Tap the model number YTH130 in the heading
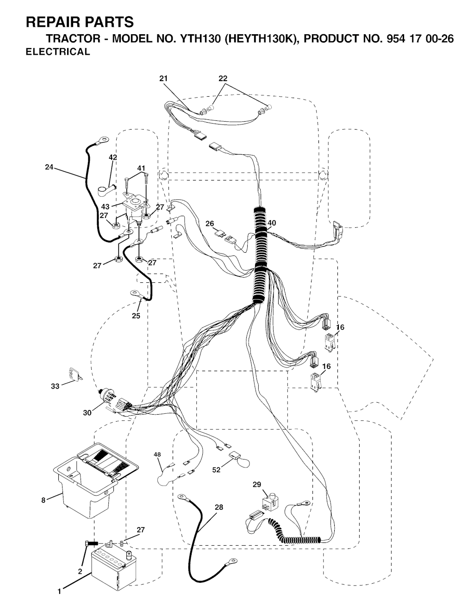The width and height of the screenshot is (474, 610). pos(199,39)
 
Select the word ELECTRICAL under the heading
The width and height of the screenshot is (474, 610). pos(58,52)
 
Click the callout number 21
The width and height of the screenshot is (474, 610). pos(163,79)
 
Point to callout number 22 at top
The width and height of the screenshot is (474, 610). pos(223,79)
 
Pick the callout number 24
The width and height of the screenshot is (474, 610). pos(49,167)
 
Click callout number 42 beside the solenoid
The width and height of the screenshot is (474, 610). pos(113,157)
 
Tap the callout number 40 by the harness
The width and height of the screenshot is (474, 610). pos(272,223)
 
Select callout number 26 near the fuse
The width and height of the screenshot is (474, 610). pos(209,224)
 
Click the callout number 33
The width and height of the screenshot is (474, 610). pos(55,386)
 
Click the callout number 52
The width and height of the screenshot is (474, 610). pos(216,470)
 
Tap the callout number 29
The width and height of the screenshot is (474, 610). pos(257,484)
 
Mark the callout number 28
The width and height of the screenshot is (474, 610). pos(219,507)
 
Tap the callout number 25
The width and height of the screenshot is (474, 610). pos(136,316)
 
